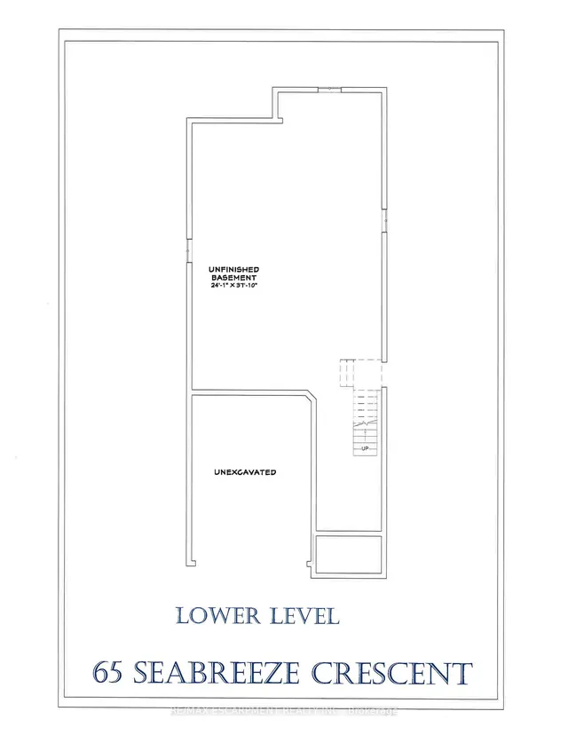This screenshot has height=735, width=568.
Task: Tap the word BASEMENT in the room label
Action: pos(233,277)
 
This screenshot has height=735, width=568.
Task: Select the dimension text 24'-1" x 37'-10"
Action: pos(233,286)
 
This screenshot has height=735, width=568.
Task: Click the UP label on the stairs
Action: pos(365,449)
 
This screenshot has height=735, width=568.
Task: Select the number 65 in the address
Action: pos(109,673)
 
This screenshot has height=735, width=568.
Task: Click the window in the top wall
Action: pos(329,89)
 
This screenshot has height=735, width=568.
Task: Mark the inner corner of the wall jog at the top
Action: pos(273,119)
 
